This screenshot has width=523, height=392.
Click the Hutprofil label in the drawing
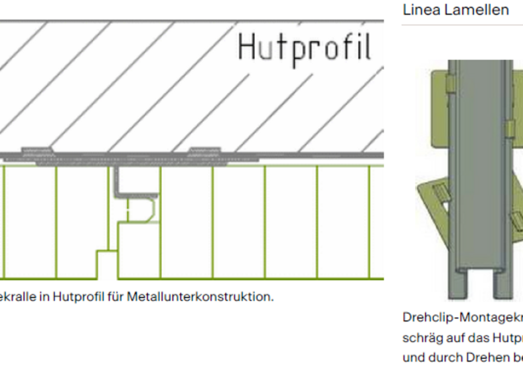point(304,48)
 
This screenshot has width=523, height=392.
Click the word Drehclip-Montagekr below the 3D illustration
point(462,318)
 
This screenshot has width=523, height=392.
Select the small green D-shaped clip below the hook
point(140,211)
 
